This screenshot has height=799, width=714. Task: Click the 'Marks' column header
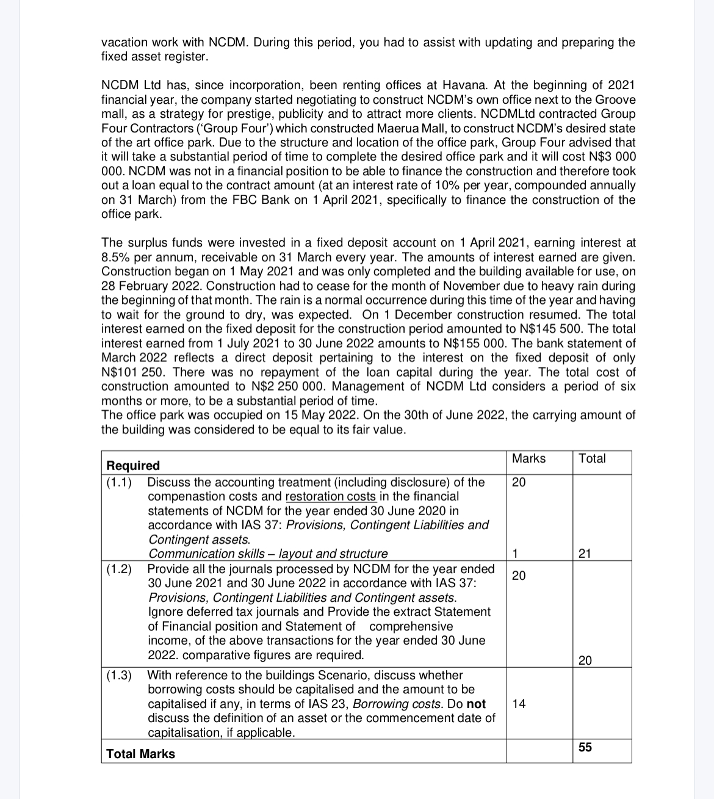coord(528,458)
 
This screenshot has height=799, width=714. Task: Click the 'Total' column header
coord(592,458)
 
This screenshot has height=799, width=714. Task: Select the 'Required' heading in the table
coord(133,466)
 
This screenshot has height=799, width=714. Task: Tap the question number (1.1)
coord(119,482)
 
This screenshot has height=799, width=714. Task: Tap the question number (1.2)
coord(119,569)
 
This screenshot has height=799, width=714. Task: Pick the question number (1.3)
coord(119,675)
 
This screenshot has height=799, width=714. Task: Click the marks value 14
coord(519,704)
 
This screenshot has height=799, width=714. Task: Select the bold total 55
coord(585,748)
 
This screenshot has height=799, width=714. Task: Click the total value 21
coord(585,554)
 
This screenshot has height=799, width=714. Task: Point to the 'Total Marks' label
coord(140,754)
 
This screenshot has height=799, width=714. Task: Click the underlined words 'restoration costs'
coord(331,497)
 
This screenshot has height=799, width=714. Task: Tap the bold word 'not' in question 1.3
coord(476,704)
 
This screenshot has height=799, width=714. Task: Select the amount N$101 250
coord(129,372)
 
